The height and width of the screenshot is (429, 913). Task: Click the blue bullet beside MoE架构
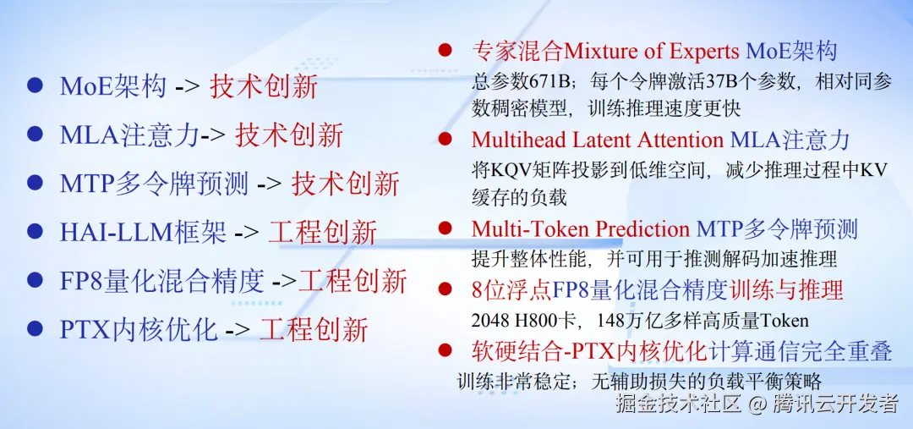35,85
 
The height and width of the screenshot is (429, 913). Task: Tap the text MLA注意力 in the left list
130,135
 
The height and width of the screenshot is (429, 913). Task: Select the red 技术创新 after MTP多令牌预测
345,184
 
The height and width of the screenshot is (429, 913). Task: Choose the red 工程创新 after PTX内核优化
314,329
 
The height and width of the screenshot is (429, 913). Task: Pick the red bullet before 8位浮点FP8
446,289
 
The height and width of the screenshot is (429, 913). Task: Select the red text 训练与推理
786,289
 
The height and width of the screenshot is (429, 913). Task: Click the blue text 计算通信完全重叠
800,351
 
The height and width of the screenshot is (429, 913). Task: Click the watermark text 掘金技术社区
678,404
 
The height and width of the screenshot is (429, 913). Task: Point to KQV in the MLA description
511,170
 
